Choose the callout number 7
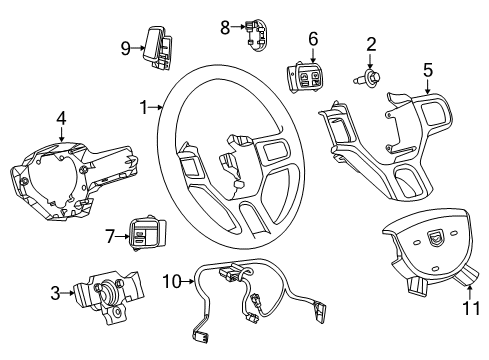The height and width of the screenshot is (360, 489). (x=112, y=236)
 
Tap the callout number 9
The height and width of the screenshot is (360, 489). (x=126, y=47)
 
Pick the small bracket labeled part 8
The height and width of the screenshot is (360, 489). (x=255, y=35)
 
